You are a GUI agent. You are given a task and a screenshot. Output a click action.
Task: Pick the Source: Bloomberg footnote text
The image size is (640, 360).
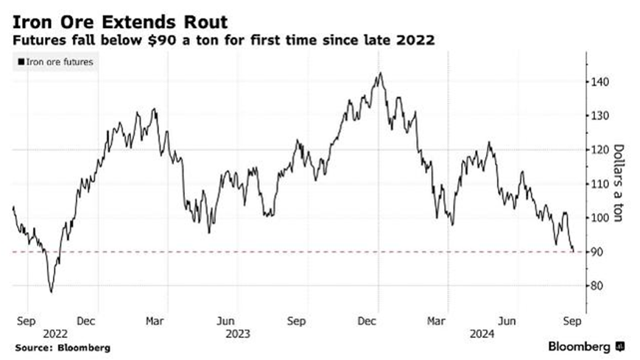tap(60, 347)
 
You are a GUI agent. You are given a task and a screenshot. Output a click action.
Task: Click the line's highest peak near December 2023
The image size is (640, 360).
tap(379, 73)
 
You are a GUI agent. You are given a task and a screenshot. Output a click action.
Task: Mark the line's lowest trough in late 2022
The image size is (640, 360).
tap(52, 292)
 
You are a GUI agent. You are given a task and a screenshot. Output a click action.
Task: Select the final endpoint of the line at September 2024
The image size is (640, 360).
tap(574, 251)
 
